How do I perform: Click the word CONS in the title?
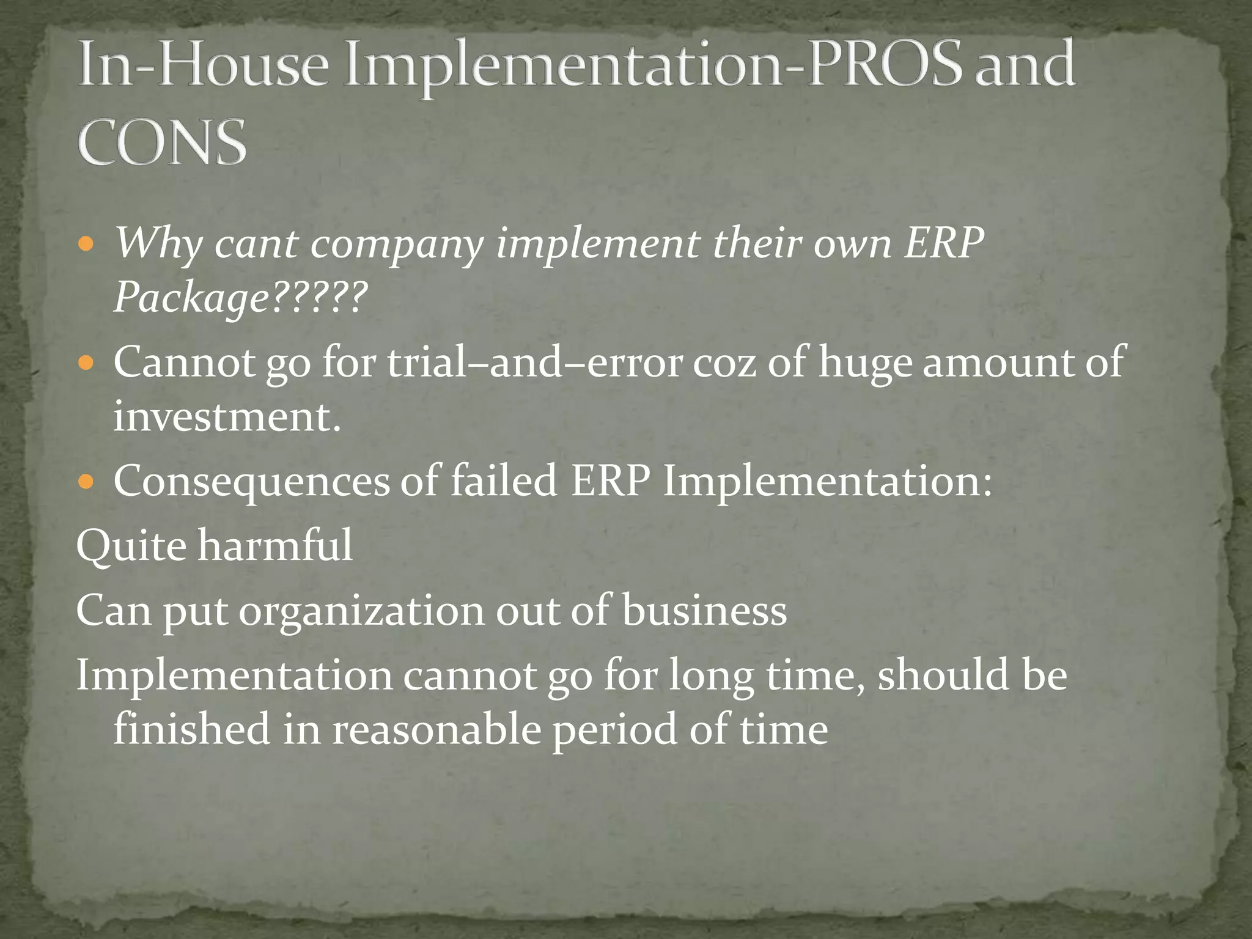coord(163,142)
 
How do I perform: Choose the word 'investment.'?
coord(227,417)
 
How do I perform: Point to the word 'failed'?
coord(503,480)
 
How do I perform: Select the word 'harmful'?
coord(275,545)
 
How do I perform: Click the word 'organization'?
coord(361,611)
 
